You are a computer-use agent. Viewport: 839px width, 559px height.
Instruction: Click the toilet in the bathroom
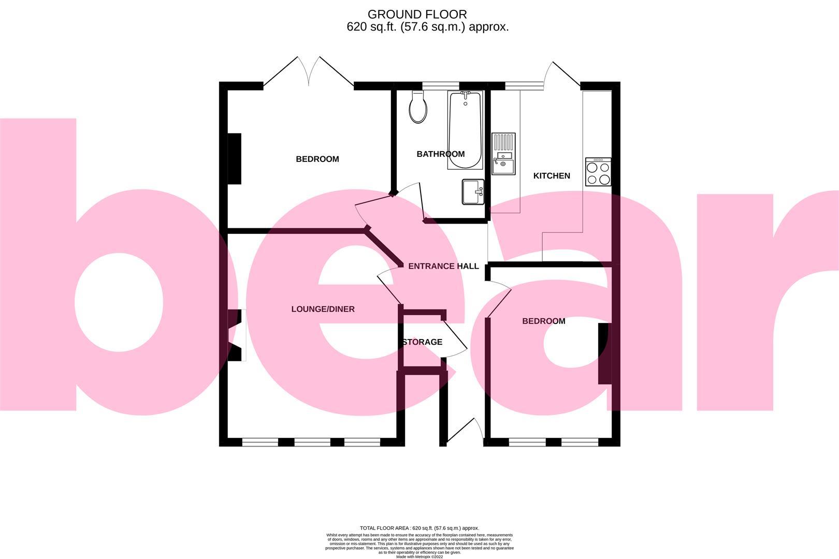coord(418,107)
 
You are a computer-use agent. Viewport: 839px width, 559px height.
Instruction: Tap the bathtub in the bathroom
coord(465,130)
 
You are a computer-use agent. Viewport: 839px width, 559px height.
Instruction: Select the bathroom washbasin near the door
coord(472,192)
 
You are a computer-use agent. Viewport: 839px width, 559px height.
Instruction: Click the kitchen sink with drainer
coord(503,154)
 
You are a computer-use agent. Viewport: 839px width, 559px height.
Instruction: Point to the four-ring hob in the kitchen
coord(598,172)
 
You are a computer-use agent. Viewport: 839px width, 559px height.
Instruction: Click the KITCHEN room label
coord(552,176)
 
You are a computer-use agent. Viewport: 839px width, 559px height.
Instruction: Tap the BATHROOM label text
coord(441,154)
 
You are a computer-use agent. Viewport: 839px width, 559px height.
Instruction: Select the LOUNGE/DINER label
coord(323,310)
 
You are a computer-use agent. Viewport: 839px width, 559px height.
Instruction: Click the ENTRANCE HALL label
coord(443,267)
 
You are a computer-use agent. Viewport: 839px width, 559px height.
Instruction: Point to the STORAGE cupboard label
coord(423,342)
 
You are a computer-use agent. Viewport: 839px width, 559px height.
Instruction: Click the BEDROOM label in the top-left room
coord(317,159)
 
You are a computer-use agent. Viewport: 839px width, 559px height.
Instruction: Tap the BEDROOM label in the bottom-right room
coord(543,321)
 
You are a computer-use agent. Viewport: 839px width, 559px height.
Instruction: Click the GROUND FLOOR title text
coord(417,14)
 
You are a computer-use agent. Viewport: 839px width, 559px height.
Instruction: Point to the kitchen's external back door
coord(562,75)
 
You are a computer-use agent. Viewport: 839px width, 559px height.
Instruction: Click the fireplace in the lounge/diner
coord(236,335)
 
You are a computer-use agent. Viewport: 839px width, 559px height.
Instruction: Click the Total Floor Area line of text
coord(419,527)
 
